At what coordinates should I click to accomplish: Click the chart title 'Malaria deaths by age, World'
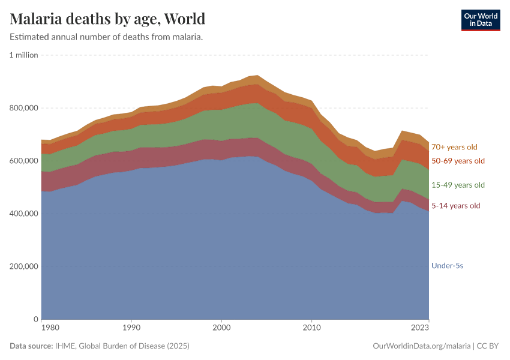click(x=108, y=19)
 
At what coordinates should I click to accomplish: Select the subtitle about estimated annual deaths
click(x=106, y=37)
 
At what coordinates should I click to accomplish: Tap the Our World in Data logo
click(x=480, y=20)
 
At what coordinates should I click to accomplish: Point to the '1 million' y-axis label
click(x=24, y=55)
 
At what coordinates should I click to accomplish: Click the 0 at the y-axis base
click(x=36, y=319)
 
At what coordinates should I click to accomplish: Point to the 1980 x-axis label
click(x=50, y=328)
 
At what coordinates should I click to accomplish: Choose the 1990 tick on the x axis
click(x=131, y=328)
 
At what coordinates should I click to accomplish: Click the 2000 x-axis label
click(x=221, y=328)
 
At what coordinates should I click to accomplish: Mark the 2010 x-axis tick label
click(x=311, y=328)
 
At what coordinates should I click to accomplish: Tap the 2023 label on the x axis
click(x=420, y=328)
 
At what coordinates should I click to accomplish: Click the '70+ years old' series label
click(x=454, y=147)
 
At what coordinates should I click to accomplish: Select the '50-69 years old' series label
click(x=458, y=161)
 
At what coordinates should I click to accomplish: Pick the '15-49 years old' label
click(x=458, y=185)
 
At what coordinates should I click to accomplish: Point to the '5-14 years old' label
click(x=456, y=206)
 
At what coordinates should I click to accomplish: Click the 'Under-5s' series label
click(x=447, y=265)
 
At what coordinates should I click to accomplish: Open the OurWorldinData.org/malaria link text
click(x=413, y=346)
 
